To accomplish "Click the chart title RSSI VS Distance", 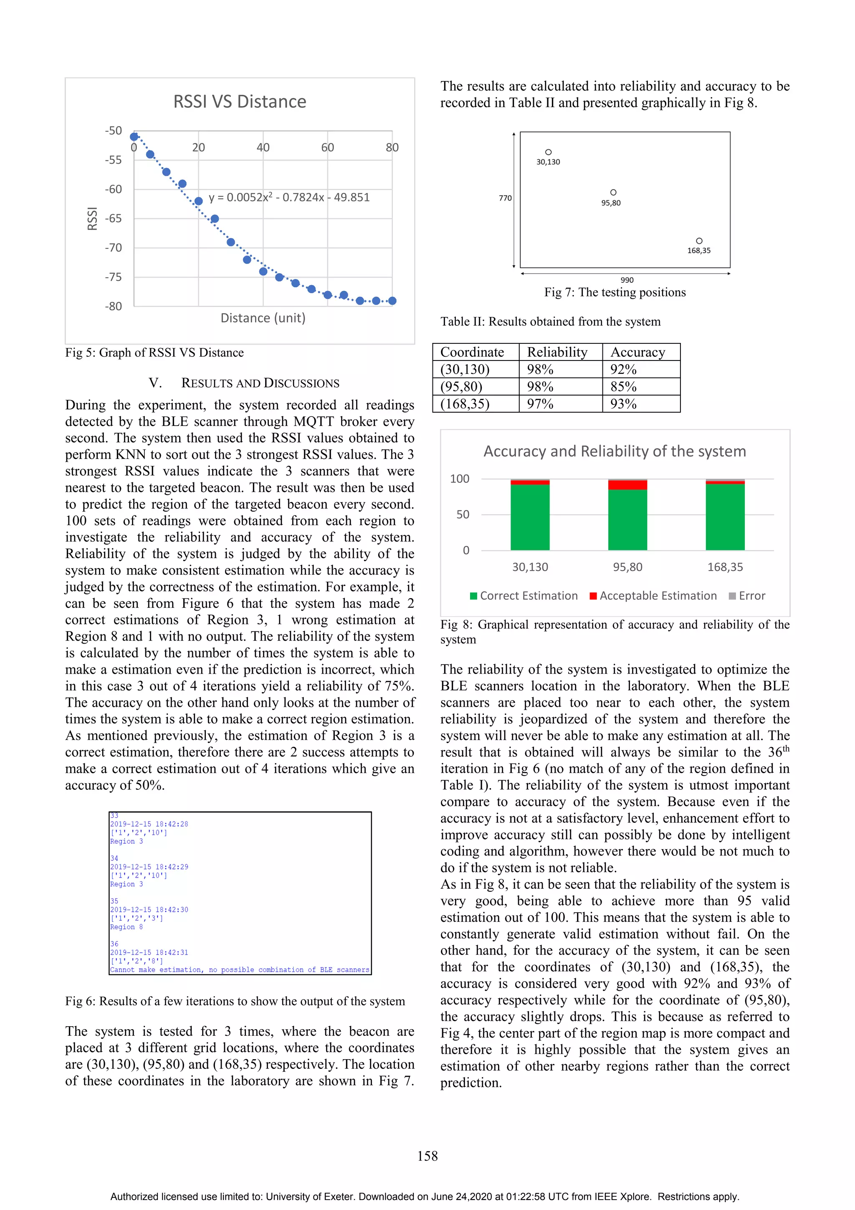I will [239, 102].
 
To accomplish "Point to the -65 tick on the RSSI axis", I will [113, 218].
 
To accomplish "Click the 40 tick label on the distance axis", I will [263, 147].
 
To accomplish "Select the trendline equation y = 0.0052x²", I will [288, 198].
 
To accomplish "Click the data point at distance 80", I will [392, 301].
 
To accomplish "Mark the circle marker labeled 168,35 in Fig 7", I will [699, 241].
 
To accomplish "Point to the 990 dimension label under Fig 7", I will [627, 280].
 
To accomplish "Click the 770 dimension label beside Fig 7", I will [505, 198].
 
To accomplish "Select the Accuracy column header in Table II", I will [637, 352].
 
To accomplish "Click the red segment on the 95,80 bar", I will [627, 485].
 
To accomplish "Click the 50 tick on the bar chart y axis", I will [463, 514].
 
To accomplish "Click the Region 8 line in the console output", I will [126, 927].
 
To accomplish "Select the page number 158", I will [427, 1156].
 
